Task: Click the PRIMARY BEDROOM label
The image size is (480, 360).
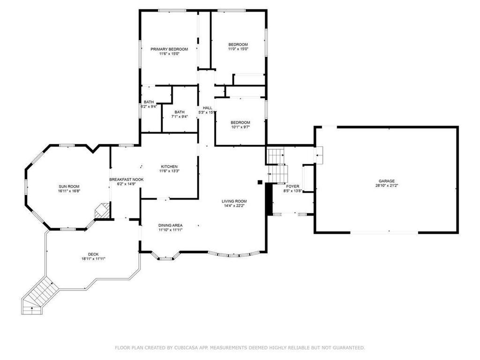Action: (x=169, y=49)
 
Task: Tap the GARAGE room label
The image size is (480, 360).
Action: (x=387, y=181)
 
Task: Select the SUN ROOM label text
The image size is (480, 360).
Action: (x=69, y=186)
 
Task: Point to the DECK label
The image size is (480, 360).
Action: (x=93, y=254)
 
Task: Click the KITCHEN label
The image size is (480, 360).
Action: (x=169, y=167)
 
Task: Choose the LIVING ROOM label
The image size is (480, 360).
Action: (x=234, y=201)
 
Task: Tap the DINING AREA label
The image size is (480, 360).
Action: (x=170, y=225)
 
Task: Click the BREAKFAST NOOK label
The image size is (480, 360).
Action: (x=126, y=180)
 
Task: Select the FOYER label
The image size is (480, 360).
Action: (x=292, y=186)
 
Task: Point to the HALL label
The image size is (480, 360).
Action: (x=207, y=108)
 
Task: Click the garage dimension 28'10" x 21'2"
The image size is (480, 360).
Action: (x=387, y=186)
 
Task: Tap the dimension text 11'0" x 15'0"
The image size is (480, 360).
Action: (x=238, y=49)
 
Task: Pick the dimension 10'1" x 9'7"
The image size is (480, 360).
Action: (x=240, y=127)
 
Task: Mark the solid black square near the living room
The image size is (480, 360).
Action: (x=259, y=182)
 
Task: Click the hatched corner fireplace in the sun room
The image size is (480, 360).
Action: (x=102, y=211)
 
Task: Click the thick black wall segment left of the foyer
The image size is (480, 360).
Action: (x=269, y=199)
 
